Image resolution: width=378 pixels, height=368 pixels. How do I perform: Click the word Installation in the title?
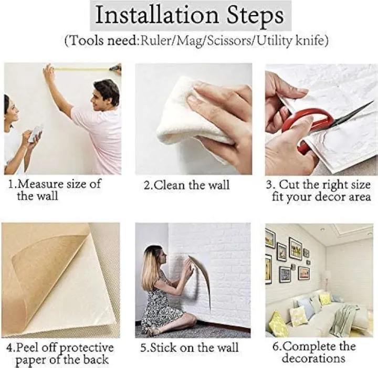tap(156, 15)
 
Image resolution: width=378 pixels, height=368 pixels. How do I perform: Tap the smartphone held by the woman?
tap(36, 133)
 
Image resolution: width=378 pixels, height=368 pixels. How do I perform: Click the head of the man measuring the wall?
tap(106, 95)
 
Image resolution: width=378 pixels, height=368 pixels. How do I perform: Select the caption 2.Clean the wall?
tap(186, 185)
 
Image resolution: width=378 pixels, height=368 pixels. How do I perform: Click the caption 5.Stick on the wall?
tap(189, 348)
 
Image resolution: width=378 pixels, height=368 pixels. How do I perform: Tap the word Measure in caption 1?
tap(40, 184)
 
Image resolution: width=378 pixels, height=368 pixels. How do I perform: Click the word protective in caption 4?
tap(86, 348)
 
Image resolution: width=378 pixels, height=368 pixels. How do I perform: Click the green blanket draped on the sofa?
tap(345, 316)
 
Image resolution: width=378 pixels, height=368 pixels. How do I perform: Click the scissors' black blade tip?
tap(373, 102)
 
